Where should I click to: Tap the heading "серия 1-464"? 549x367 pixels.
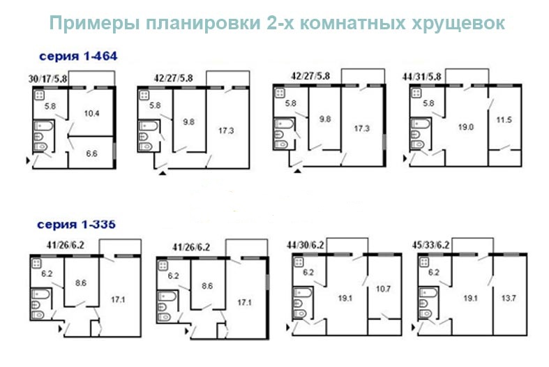(78, 56)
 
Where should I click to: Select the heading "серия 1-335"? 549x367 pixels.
(76, 224)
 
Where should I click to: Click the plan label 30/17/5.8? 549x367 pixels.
(47, 79)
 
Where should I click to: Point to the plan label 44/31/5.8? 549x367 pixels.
(421, 77)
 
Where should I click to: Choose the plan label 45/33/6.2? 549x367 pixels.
(430, 245)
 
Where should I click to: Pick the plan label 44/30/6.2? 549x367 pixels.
(306, 245)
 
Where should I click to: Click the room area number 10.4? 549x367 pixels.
(92, 114)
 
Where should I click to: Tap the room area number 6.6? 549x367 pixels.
(92, 153)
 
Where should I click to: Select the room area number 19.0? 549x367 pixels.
(466, 127)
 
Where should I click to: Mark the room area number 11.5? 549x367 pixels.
(504, 120)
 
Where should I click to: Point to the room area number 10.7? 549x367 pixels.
(383, 289)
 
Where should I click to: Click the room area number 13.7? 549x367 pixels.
(509, 298)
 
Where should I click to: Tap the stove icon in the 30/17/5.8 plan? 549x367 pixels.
(39, 95)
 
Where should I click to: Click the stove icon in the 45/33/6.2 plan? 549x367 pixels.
(424, 262)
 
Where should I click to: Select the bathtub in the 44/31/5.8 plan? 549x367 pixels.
(421, 123)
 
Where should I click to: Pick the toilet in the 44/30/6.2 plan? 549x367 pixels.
(300, 313)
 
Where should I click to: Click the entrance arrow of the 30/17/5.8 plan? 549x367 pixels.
(29, 160)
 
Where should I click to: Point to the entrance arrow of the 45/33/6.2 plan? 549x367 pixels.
(413, 328)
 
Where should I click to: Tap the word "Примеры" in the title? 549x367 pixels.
(95, 24)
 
